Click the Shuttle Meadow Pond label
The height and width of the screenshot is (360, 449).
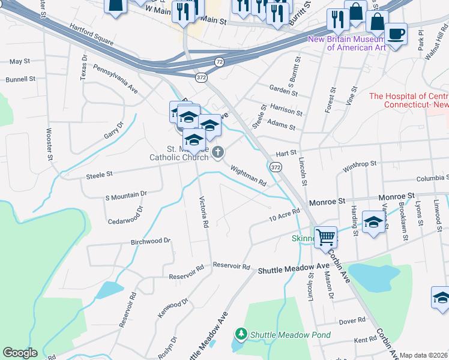click(282, 334)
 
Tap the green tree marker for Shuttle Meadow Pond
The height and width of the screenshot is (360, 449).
click(241, 333)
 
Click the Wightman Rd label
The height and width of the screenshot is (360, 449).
click(248, 176)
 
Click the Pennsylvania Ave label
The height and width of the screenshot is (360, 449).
click(115, 79)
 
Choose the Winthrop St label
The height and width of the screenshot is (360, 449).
click(360, 163)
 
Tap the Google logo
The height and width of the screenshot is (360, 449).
click(20, 353)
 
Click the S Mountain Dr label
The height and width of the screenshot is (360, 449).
click(126, 195)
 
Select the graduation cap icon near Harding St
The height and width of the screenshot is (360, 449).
click(373, 223)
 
